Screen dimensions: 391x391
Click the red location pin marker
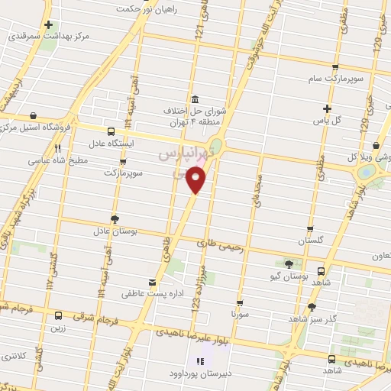point(197,180)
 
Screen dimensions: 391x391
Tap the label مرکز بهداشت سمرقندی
point(45,36)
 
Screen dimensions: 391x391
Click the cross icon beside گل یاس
point(328,108)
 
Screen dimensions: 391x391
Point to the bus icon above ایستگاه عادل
point(111,131)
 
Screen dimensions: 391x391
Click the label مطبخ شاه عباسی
point(59,161)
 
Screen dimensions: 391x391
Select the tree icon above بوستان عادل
point(115,218)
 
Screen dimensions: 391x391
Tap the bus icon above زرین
point(58,315)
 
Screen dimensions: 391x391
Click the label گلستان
point(311,240)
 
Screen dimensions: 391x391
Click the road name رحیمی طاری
point(218,244)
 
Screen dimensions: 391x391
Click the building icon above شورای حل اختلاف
point(195,100)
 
